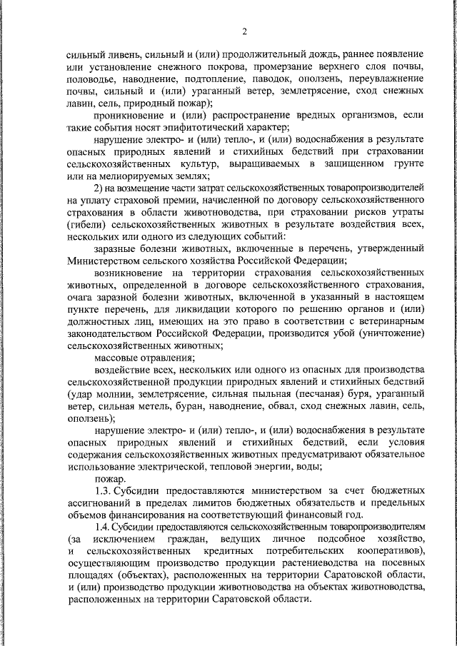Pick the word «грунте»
click(408, 164)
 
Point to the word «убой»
click(344, 333)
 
